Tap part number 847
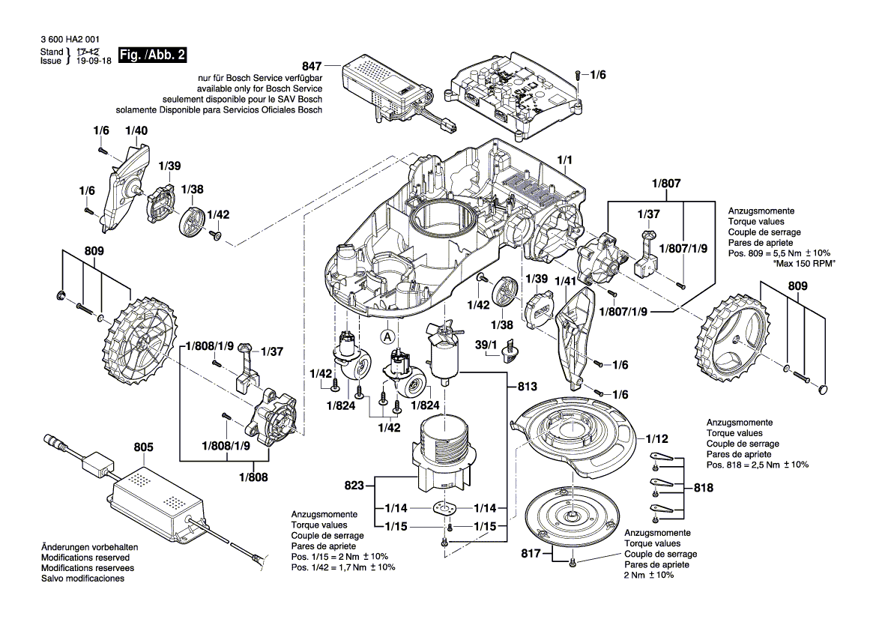pyautogui.click(x=313, y=65)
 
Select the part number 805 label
pyautogui.click(x=144, y=447)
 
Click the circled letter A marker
pyautogui.click(x=387, y=336)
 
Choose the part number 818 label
pyautogui.click(x=703, y=488)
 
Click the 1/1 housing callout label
pyautogui.click(x=565, y=160)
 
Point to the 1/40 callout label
pyautogui.click(x=136, y=130)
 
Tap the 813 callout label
pyautogui.click(x=528, y=387)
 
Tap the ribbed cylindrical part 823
pyautogui.click(x=442, y=448)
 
